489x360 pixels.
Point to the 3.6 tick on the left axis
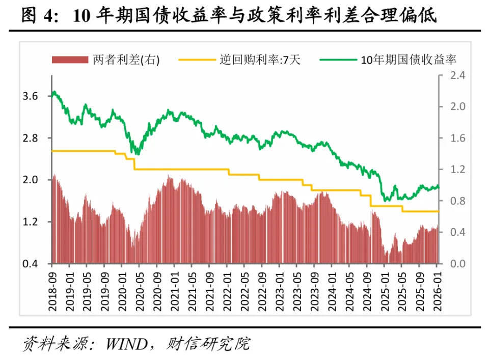click(31, 96)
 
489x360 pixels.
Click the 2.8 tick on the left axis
click(31, 138)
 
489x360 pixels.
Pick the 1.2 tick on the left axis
click(31, 222)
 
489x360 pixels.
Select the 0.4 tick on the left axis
click(31, 264)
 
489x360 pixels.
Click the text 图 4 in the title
click(38, 16)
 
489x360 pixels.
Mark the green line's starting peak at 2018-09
click(55, 92)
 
